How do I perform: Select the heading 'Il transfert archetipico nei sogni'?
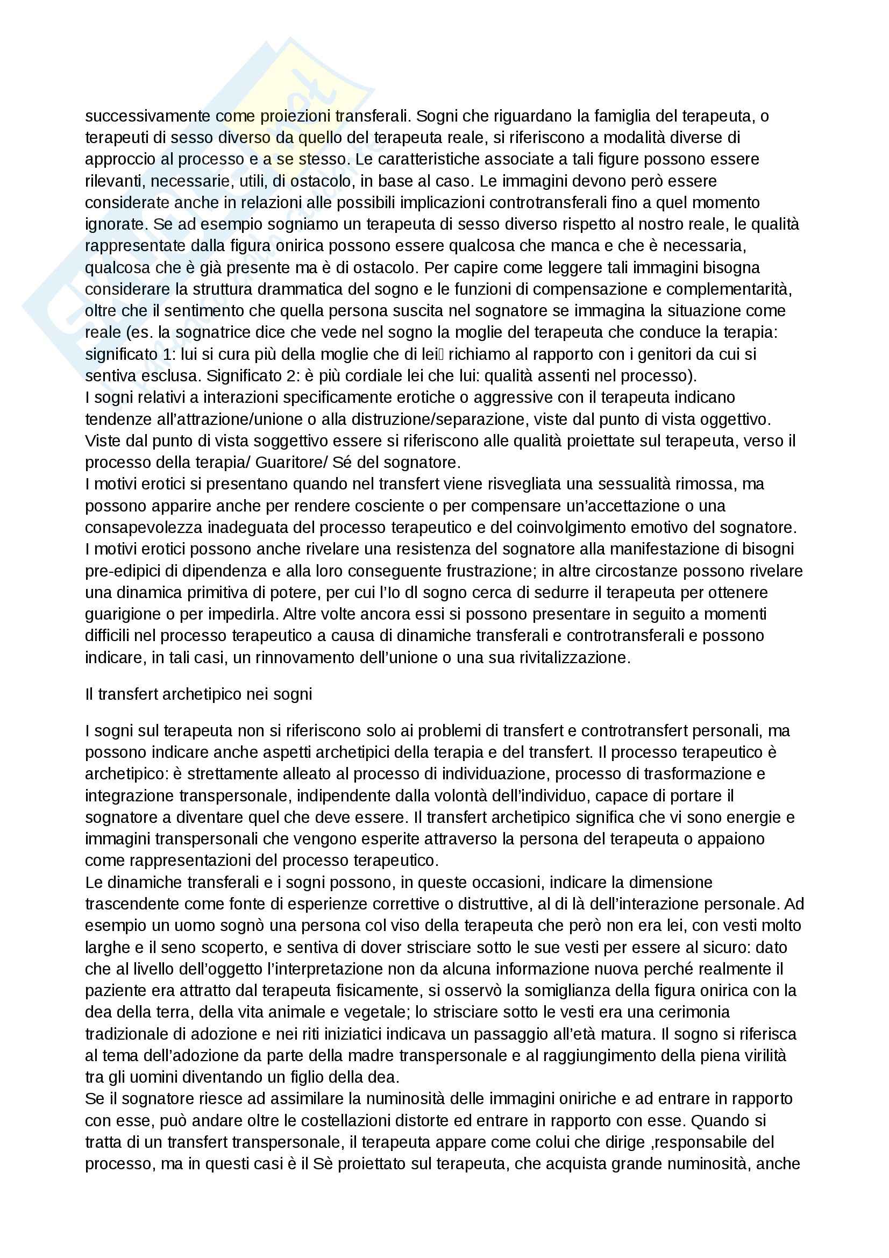[198, 694]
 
